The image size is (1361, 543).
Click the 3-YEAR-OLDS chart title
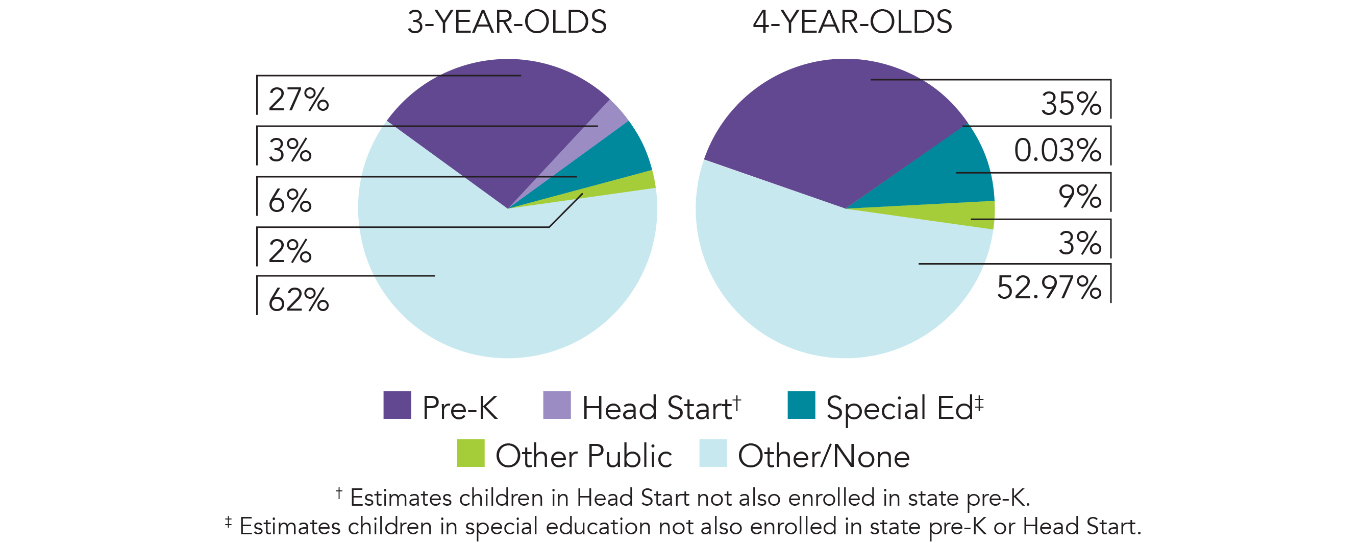pyautogui.click(x=507, y=22)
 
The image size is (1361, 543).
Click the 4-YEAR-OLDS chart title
pyautogui.click(x=852, y=22)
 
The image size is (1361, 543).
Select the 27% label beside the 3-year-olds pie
pyautogui.click(x=299, y=100)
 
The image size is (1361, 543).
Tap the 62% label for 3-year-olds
pyautogui.click(x=299, y=300)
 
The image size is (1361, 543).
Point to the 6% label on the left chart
pyautogui.click(x=290, y=200)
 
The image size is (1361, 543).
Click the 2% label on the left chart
pyautogui.click(x=290, y=251)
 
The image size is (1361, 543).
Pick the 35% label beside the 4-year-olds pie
pyautogui.click(x=1071, y=103)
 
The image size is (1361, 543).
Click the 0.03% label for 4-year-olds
pyautogui.click(x=1057, y=150)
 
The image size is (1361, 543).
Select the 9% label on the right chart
pyautogui.click(x=1079, y=196)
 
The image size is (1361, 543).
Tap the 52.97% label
pyautogui.click(x=1049, y=288)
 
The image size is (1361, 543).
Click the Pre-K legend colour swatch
pyautogui.click(x=397, y=405)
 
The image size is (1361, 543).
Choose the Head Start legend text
pyautogui.click(x=661, y=408)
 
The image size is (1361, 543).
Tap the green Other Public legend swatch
pyautogui.click(x=470, y=453)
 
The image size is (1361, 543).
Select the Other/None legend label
pyautogui.click(x=823, y=456)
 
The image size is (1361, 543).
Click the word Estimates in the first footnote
pyautogui.click(x=401, y=498)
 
